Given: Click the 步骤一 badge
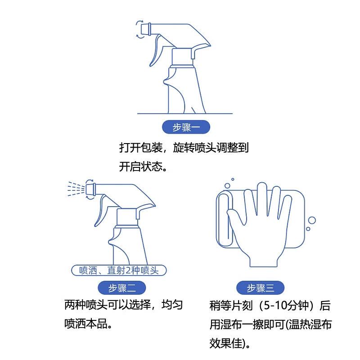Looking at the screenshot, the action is click(186, 127).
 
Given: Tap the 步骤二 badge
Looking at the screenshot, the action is click(122, 288).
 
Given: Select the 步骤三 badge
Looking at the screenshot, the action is click(261, 288).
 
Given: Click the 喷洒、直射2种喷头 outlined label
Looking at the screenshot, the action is click(119, 270).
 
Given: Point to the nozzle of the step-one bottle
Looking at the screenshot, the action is click(146, 29).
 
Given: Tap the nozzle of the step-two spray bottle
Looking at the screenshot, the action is click(91, 189).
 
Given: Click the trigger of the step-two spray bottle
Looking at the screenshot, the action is click(100, 211).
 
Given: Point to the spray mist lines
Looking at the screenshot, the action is click(76, 189).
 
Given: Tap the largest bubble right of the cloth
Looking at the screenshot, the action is click(312, 220).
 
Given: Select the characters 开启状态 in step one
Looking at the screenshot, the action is click(140, 166).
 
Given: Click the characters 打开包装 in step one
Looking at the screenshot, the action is click(140, 147).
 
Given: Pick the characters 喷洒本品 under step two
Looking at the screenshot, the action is click(85, 324).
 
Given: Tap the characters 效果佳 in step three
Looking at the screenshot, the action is click(226, 343).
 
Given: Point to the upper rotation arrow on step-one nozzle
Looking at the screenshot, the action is click(139, 22).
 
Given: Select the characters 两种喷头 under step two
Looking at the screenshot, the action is click(85, 305).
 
